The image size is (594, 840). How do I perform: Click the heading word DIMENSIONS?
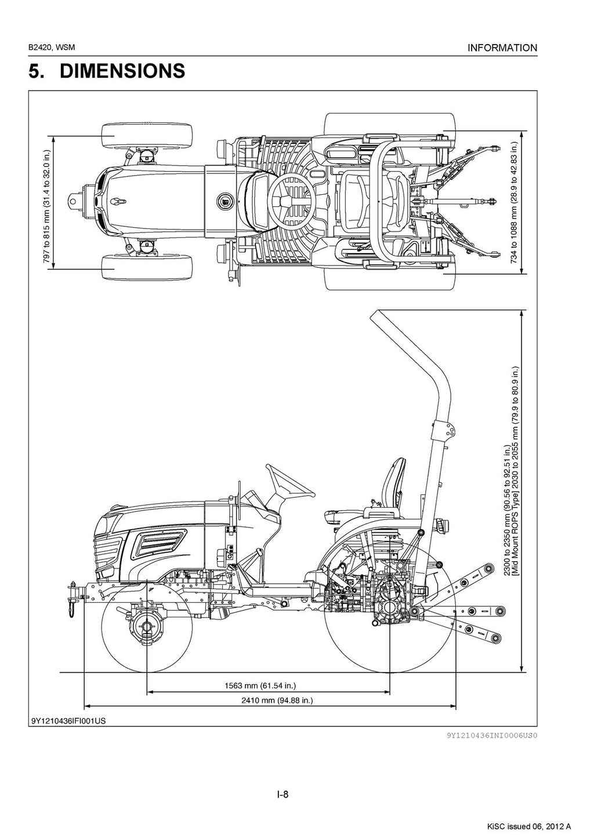pos(122,71)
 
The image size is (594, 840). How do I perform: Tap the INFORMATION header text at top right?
pos(502,48)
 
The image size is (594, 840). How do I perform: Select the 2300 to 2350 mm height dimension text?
pos(507,510)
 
